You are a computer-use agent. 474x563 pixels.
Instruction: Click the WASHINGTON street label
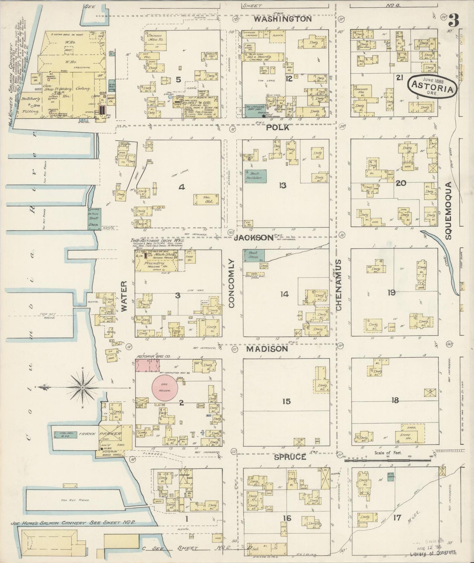coord(282,19)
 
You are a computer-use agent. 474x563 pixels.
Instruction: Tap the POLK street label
coord(278,127)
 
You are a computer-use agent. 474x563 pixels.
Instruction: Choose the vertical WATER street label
coord(124,296)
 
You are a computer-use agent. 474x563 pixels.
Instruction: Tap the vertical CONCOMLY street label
coord(232,283)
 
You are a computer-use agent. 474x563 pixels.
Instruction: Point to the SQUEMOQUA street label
coord(449,210)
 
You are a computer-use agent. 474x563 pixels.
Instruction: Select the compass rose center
coord(82,388)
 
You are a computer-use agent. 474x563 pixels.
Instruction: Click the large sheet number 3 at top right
coord(454,22)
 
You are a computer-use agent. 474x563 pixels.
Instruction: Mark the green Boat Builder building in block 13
coord(255,176)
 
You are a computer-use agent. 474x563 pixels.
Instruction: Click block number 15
coord(286,401)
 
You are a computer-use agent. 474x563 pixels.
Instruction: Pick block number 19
coord(391,292)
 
